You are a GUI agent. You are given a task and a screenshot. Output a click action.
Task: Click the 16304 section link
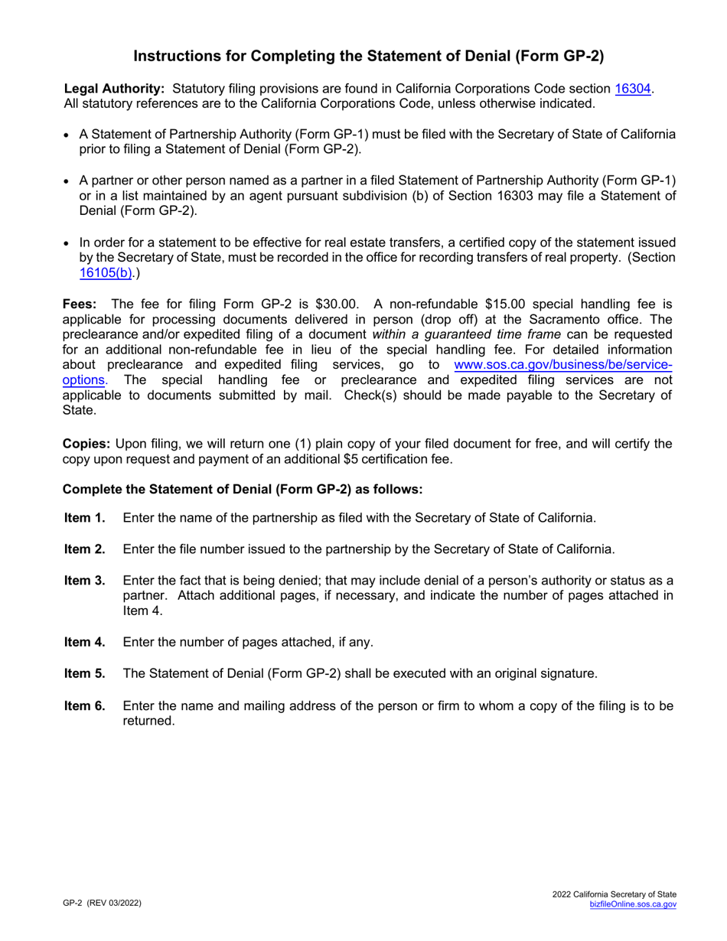[633, 89]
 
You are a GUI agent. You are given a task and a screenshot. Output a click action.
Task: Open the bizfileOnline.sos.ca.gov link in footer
[633, 904]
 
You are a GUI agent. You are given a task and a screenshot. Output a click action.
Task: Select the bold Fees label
[79, 303]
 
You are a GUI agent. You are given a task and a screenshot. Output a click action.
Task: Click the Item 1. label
[85, 518]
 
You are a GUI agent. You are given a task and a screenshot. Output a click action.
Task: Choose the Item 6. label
[85, 705]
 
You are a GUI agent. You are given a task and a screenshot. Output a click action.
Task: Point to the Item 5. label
[85, 674]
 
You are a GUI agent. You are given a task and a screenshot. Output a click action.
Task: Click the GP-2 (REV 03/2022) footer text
[102, 903]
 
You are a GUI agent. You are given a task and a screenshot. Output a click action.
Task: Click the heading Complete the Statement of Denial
[242, 490]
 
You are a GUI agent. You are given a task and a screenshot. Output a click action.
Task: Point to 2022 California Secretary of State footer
[614, 894]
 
